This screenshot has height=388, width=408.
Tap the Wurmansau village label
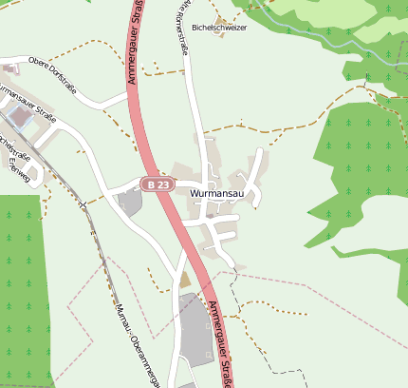click(x=219, y=193)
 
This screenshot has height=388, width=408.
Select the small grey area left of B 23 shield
click(x=130, y=201)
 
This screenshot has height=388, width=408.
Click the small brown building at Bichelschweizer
click(x=221, y=18)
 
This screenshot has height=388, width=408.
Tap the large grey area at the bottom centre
click(x=195, y=328)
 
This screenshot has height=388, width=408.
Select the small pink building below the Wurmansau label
click(x=210, y=216)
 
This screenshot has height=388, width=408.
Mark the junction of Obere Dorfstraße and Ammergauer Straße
click(x=127, y=95)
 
